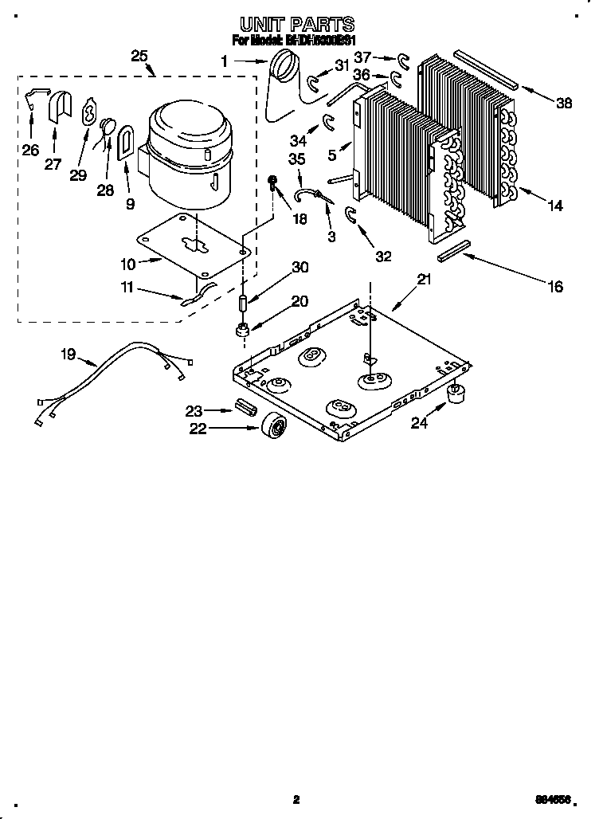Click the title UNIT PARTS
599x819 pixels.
pos(296,25)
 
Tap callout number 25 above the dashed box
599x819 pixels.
pos(139,56)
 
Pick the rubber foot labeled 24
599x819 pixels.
pos(456,393)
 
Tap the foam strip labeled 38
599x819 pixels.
pos(485,69)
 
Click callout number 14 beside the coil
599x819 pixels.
pos(554,206)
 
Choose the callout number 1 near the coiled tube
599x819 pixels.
pos(225,60)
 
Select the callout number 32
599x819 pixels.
pos(383,256)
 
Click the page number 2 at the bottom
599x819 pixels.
pos(296,799)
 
